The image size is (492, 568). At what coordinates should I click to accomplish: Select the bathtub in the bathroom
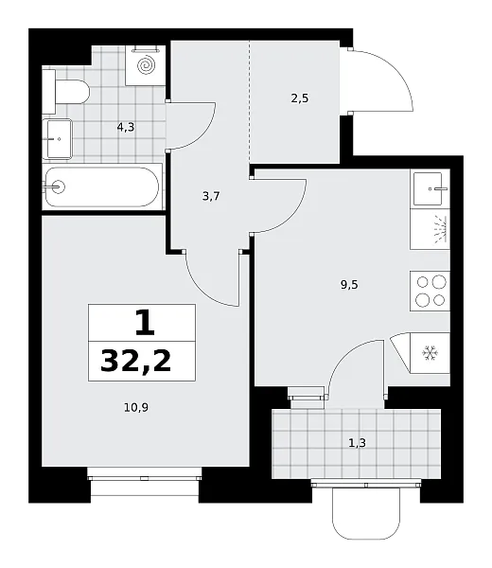pos(102,186)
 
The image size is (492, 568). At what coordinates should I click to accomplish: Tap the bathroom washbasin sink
pos(57,139)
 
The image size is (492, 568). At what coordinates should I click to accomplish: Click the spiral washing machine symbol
pos(146,65)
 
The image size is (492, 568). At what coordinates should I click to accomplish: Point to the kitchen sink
pos(430,188)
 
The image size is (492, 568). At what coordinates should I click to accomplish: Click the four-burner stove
pos(430,291)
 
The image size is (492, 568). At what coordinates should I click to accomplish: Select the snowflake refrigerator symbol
pos(430,353)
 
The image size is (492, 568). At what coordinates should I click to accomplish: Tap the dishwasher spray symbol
pos(439,230)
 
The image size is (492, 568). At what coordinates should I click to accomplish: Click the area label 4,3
pos(126,127)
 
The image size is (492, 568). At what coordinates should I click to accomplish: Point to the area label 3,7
pos(211,197)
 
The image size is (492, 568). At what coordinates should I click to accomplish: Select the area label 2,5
pos(300,98)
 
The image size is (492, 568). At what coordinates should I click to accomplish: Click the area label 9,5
pos(349,285)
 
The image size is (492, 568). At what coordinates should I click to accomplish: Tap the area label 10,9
pos(136,408)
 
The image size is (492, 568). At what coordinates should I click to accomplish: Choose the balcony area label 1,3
pos(357,443)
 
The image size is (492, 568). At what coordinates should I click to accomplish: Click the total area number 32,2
pos(135,362)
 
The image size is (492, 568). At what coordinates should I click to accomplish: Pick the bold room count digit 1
pos(145,323)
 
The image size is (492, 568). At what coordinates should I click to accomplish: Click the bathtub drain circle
pos(58,186)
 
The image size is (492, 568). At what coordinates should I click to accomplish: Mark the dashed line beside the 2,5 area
pos(250,102)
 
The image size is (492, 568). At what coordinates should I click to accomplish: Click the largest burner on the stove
pos(439,281)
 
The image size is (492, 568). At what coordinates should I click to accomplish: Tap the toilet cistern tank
pos(49,92)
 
